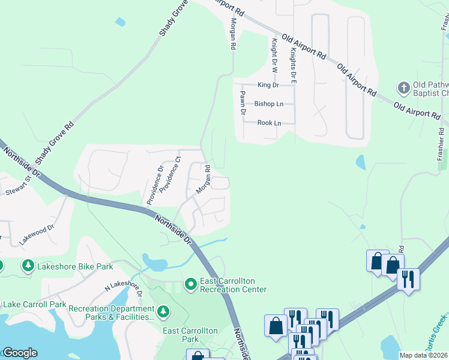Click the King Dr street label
(268, 85)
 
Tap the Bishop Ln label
(268, 104)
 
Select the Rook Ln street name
(269, 123)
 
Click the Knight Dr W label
(274, 55)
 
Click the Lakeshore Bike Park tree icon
(28, 265)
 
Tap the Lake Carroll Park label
(34, 304)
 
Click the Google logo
(20, 353)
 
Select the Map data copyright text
(424, 355)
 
